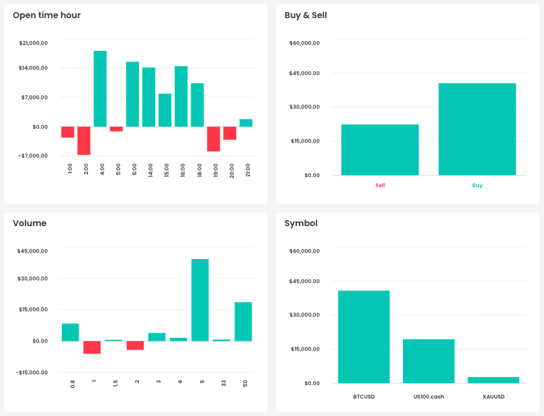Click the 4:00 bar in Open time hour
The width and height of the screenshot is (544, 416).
coord(100,89)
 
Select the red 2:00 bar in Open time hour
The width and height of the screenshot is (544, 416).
coord(84,141)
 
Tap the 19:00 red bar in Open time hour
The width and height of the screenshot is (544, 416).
coord(214,139)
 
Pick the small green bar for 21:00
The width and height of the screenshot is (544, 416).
coord(246,123)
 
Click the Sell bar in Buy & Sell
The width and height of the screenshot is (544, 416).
coord(379,150)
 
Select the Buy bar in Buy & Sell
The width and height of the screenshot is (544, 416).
coord(477,129)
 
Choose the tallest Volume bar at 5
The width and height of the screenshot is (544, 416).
coord(200,300)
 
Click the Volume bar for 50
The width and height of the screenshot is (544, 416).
coord(243,321)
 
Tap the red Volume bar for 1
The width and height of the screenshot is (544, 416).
coord(92,347)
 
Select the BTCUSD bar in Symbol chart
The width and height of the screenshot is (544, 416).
coord(363,337)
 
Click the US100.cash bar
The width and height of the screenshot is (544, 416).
coord(428,361)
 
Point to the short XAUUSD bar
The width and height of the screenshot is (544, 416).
coord(494,380)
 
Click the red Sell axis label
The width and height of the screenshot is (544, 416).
coord(380,185)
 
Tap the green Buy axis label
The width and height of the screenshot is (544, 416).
coord(477,185)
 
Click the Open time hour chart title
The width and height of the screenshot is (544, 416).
coord(46,15)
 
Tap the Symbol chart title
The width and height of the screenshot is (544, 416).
coord(301,223)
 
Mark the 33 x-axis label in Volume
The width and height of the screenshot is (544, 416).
coord(222,383)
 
